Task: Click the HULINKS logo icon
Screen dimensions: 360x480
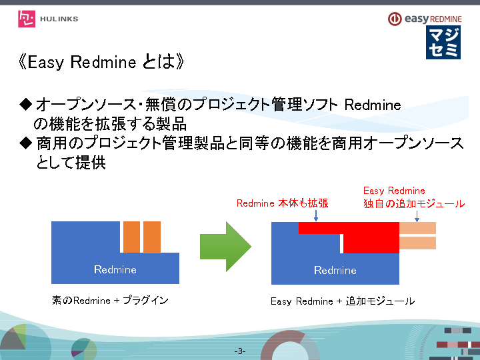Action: [27, 19]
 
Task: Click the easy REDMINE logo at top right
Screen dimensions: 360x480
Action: [423, 19]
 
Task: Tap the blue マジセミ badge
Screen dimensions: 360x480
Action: [443, 43]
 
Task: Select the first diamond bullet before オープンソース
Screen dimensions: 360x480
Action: [26, 104]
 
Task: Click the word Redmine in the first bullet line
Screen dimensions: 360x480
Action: [372, 105]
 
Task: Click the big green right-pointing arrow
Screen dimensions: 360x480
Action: [225, 247]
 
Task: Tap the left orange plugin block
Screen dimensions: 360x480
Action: [131, 237]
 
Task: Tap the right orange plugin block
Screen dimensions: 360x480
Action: [152, 237]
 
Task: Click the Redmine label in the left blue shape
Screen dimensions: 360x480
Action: [115, 269]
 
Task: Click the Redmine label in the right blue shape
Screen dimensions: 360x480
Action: [335, 270]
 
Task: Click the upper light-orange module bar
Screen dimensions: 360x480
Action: [417, 228]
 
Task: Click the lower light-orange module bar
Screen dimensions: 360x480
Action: [417, 243]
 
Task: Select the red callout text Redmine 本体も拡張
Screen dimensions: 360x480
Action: [282, 203]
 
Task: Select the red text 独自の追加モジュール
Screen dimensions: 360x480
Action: [413, 203]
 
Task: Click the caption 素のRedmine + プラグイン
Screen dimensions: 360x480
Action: [110, 301]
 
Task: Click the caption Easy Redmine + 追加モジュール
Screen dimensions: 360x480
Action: [343, 301]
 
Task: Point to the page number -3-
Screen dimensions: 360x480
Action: [240, 351]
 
